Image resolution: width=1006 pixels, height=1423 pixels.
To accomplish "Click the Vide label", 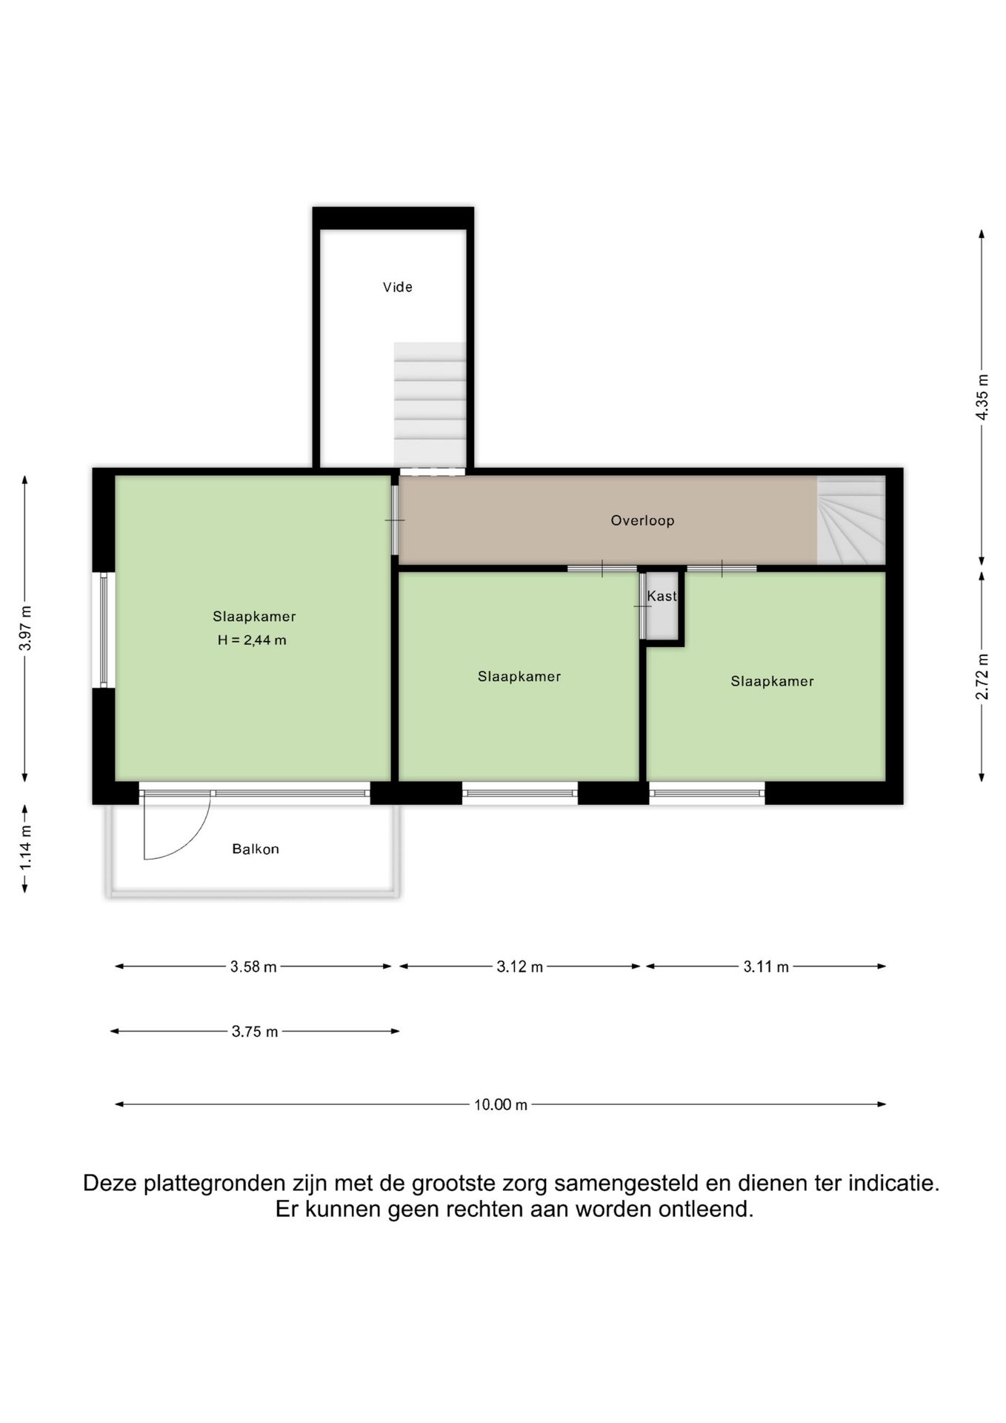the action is [397, 287].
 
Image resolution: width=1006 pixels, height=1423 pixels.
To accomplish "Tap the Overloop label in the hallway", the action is [642, 520].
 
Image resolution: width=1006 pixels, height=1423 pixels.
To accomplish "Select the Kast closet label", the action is [662, 596].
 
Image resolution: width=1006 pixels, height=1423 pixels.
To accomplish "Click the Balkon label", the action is [256, 849].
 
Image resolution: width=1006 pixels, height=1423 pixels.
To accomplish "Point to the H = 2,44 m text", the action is [252, 640].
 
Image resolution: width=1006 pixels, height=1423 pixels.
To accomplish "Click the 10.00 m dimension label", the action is [501, 1104].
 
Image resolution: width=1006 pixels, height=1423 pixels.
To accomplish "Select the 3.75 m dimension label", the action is [255, 1031].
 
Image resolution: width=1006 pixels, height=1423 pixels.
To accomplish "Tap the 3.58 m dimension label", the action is [253, 966].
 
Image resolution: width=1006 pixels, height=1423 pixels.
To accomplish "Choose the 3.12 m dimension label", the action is [520, 966].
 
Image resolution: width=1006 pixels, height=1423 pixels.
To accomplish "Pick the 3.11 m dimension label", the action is [766, 966].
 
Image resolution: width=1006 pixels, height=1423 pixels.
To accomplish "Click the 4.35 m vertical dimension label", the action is [982, 397].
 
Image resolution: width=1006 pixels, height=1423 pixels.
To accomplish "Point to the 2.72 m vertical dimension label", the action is [982, 676].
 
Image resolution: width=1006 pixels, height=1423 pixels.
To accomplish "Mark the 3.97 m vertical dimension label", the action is [25, 628].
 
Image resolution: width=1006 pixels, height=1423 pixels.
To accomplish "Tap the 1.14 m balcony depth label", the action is [25, 848].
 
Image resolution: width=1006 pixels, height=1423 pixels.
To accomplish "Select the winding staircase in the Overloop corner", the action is [850, 520].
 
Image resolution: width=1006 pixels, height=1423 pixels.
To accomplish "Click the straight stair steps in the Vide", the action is [430, 405].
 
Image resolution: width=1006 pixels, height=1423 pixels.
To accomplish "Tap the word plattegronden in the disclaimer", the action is [214, 1184].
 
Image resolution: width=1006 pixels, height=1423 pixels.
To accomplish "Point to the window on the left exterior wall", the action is [104, 630].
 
